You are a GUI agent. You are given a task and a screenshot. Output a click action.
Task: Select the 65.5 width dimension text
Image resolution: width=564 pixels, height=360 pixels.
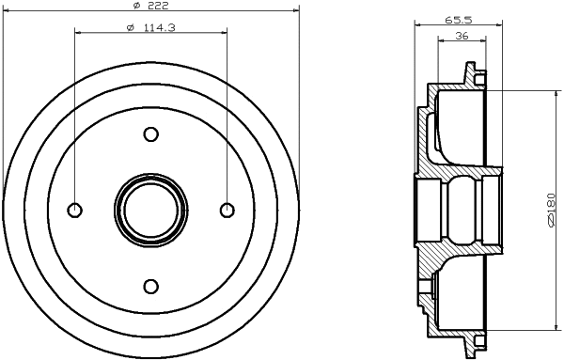point(458,18)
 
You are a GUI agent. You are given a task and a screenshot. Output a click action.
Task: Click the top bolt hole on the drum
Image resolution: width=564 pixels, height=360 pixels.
point(150,134)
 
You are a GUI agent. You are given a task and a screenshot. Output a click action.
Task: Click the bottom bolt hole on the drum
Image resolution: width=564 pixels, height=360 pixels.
point(150,285)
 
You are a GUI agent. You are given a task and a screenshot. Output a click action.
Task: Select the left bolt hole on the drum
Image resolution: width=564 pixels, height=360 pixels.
point(75,210)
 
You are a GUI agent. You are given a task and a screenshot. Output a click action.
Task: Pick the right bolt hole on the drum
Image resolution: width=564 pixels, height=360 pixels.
point(226,210)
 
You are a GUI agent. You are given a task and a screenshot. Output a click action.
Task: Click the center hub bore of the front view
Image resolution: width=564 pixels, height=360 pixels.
point(150,210)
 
